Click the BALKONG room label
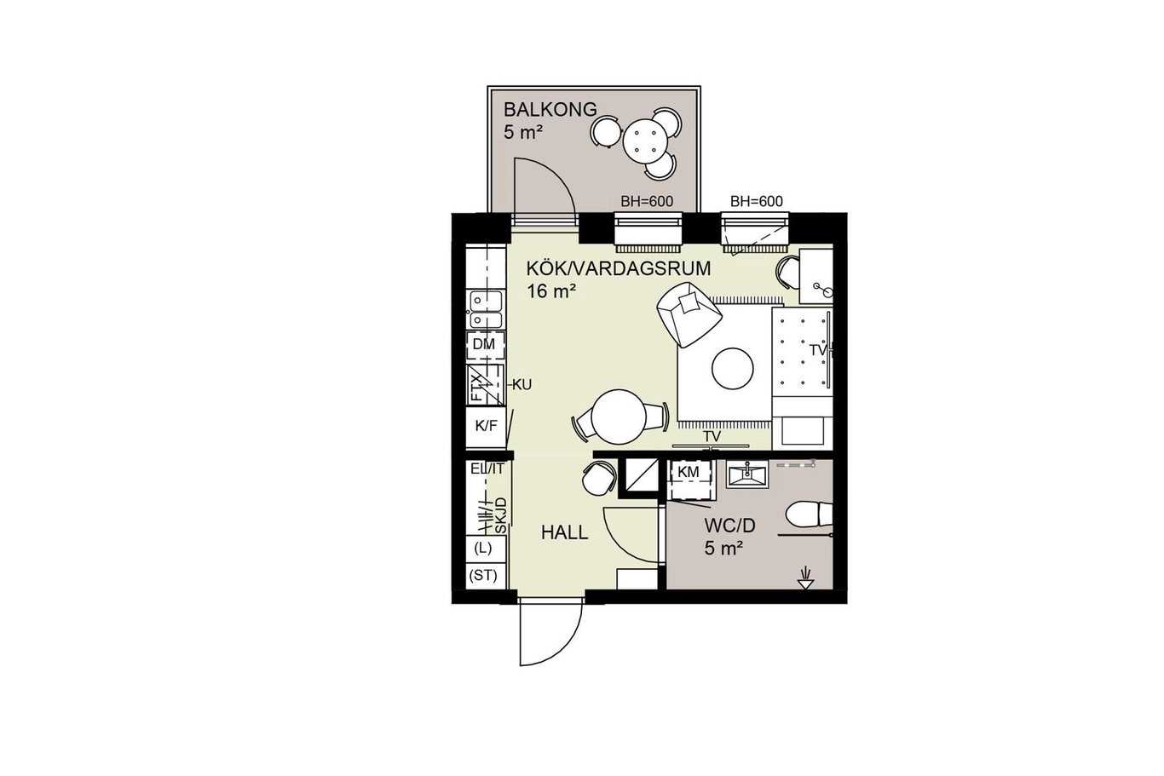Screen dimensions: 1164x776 pos(550,110)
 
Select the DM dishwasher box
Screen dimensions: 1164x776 pos(486,345)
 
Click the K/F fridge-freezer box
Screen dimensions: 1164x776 pos(486,427)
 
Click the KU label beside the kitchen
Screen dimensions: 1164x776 pos(521,385)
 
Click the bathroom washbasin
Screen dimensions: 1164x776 pos(747,474)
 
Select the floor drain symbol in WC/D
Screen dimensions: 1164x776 pos(806,578)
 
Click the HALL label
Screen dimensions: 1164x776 pos(565,533)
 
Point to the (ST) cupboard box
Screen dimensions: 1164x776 pos(483,576)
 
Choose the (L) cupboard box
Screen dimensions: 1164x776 pos(483,549)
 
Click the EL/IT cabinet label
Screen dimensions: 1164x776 pos(487,468)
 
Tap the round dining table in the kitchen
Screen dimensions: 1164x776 pos(619,417)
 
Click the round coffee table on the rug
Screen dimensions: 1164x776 pos(732,368)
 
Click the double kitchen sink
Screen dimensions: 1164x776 pos(487,309)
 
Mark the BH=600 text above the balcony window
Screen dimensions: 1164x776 pos(647,202)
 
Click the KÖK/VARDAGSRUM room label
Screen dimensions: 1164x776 pos(619,268)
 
